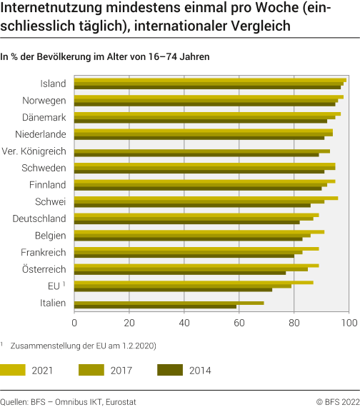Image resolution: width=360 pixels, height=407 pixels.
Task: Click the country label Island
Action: tap(53, 84)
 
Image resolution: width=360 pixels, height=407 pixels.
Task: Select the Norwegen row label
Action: tap(44, 100)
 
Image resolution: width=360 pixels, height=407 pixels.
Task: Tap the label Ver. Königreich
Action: tap(34, 151)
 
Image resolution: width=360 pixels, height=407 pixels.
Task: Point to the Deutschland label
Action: tap(39, 218)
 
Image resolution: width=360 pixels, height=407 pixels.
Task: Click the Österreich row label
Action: tap(44, 269)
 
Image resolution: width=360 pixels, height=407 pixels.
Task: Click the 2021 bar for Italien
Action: tap(169, 303)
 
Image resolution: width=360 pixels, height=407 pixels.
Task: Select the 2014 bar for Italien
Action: tap(155, 306)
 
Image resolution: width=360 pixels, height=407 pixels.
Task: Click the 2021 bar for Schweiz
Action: tap(206, 198)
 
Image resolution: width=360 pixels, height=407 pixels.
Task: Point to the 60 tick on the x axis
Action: tap(239, 323)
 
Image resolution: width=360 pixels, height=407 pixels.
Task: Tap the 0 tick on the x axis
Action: tap(74, 323)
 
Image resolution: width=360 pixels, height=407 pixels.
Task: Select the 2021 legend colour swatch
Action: tap(13, 370)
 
